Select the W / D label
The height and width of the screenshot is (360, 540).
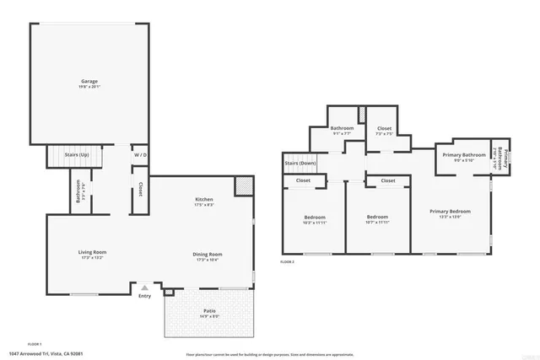[x=140, y=155]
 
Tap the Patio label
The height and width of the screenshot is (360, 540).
[x=208, y=311]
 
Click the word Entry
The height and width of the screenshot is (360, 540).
[x=144, y=295]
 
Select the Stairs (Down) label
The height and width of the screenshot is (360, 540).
[x=300, y=163]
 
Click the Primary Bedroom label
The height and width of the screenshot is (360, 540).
[x=450, y=211]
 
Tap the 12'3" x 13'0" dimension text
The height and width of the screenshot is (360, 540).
[x=450, y=217]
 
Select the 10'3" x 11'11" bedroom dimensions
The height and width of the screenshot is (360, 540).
[x=309, y=223]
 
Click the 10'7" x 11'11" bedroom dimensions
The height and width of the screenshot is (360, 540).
[x=377, y=223]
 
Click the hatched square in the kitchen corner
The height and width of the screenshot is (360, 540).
[x=243, y=185]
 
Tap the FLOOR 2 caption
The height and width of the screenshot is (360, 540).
[x=287, y=262]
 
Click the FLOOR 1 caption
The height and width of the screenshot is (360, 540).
[x=35, y=344]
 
